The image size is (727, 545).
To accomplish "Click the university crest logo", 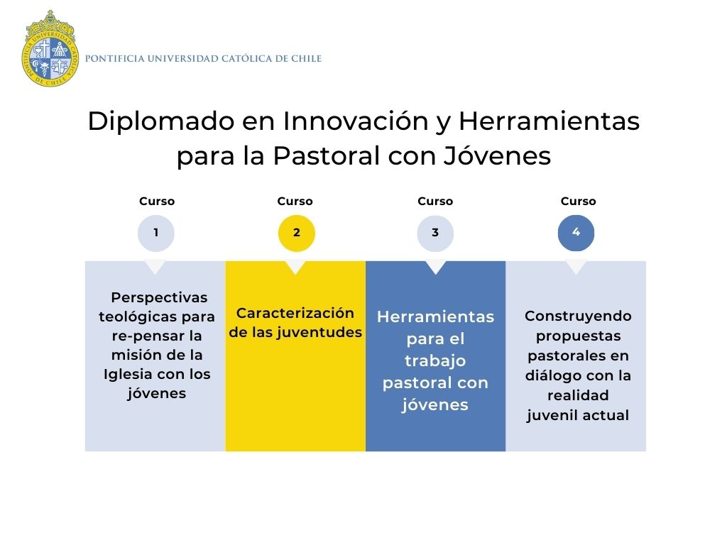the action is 50,49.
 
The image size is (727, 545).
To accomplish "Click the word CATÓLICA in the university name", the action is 246,58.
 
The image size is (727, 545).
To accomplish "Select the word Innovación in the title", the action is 355,121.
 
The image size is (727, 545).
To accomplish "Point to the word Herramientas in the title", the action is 549,121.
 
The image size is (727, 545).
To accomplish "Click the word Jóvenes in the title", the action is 497,155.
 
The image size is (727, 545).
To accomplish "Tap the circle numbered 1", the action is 155,233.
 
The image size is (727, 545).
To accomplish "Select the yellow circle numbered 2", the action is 296,233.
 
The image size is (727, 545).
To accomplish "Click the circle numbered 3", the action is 435,233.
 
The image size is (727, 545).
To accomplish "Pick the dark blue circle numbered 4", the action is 576,233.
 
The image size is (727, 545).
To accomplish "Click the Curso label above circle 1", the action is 157,201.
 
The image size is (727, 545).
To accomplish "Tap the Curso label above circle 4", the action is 578,201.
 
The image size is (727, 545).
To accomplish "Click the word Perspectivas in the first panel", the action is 159,297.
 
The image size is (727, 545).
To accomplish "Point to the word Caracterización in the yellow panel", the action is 295,313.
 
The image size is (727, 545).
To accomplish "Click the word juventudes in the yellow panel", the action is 319,332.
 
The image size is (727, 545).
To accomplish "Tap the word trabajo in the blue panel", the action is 435,361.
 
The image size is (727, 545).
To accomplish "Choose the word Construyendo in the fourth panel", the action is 578,316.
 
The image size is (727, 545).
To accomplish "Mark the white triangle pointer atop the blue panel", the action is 435,267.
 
